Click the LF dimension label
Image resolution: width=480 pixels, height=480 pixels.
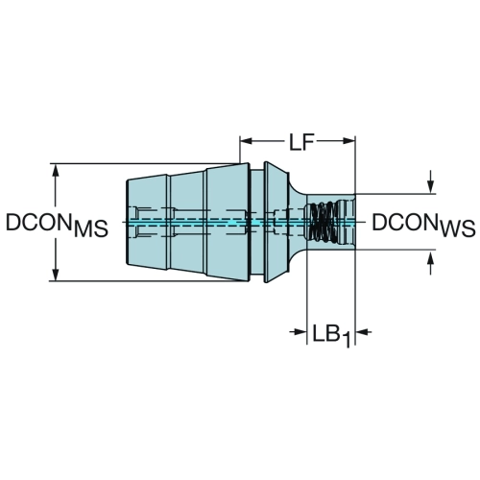coord(300,142)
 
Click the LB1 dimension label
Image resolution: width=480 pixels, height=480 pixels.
coord(331,335)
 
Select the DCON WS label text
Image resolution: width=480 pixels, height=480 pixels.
coord(423,225)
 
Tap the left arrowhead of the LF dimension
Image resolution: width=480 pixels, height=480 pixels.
coord(247,141)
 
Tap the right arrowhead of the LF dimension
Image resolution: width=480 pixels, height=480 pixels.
coord(349,141)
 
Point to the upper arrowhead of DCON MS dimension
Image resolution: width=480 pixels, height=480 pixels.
coord(56,170)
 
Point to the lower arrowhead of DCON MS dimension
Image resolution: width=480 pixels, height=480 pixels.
coord(56,275)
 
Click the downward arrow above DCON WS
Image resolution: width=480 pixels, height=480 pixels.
coord(431,181)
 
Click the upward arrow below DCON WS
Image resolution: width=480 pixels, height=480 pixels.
coord(431,262)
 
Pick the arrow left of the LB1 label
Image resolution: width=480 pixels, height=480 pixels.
coord(299,331)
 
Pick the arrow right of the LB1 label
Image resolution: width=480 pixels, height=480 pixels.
coord(364,332)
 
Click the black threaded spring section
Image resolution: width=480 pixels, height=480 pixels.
coord(323,222)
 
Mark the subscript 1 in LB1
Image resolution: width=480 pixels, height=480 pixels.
coord(347,340)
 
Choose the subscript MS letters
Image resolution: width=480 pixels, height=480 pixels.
coord(91,229)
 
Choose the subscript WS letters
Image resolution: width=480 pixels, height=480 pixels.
coord(458,229)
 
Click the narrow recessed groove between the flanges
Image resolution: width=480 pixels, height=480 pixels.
coord(257,222)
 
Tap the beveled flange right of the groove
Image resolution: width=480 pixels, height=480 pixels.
coord(276,222)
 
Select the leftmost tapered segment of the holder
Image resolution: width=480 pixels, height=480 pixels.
coord(148,222)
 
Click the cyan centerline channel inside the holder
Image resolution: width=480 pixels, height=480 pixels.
coord(240,222)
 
